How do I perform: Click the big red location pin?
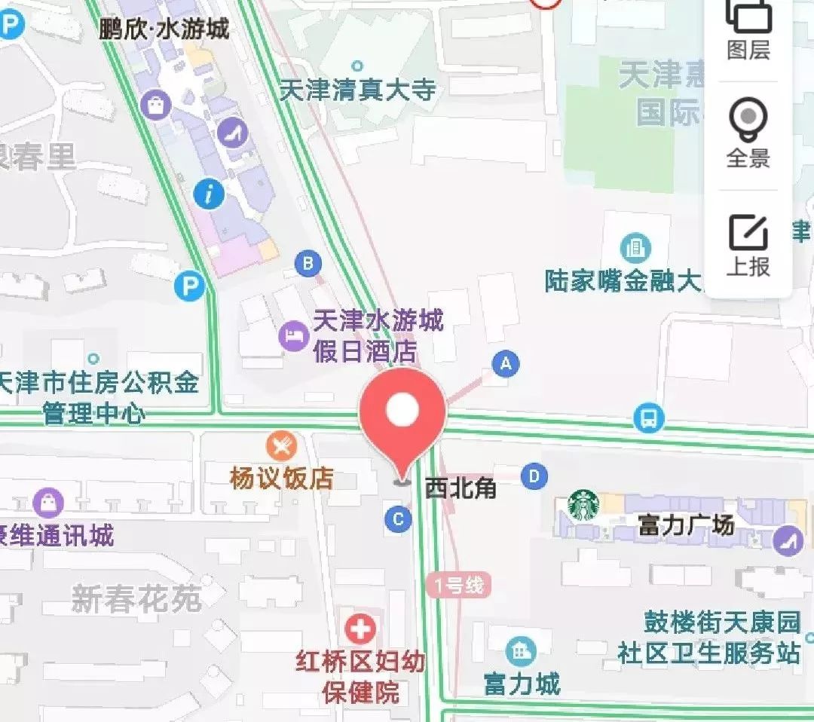point(402,415)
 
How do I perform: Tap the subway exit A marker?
point(506,365)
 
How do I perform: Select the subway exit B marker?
point(308,263)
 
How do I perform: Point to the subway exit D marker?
point(534,476)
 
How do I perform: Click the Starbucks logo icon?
point(583,506)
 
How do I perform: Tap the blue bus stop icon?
point(648,417)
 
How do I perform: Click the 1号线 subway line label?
point(457,585)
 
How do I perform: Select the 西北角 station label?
point(461,488)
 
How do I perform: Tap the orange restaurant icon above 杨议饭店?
point(281,446)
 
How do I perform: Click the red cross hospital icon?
point(360,628)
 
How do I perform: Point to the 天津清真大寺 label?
point(358,90)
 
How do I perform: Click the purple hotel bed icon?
point(292,335)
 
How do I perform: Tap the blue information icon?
point(209,194)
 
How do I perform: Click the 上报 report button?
point(748,244)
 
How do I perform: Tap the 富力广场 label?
point(686,525)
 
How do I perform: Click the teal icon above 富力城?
point(521,650)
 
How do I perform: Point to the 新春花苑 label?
point(136,600)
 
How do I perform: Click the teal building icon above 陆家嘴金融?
point(635,246)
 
